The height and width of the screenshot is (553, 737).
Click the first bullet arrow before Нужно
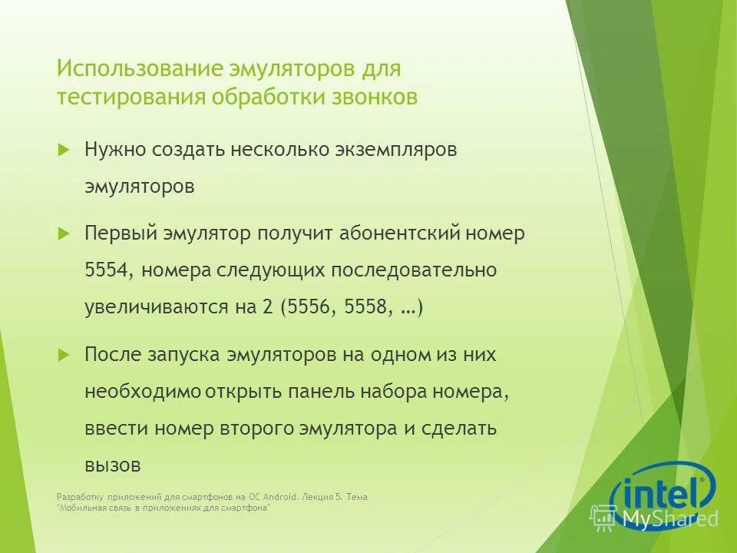(64, 148)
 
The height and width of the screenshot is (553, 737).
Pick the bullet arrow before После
(64, 353)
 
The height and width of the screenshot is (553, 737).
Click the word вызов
(112, 465)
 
